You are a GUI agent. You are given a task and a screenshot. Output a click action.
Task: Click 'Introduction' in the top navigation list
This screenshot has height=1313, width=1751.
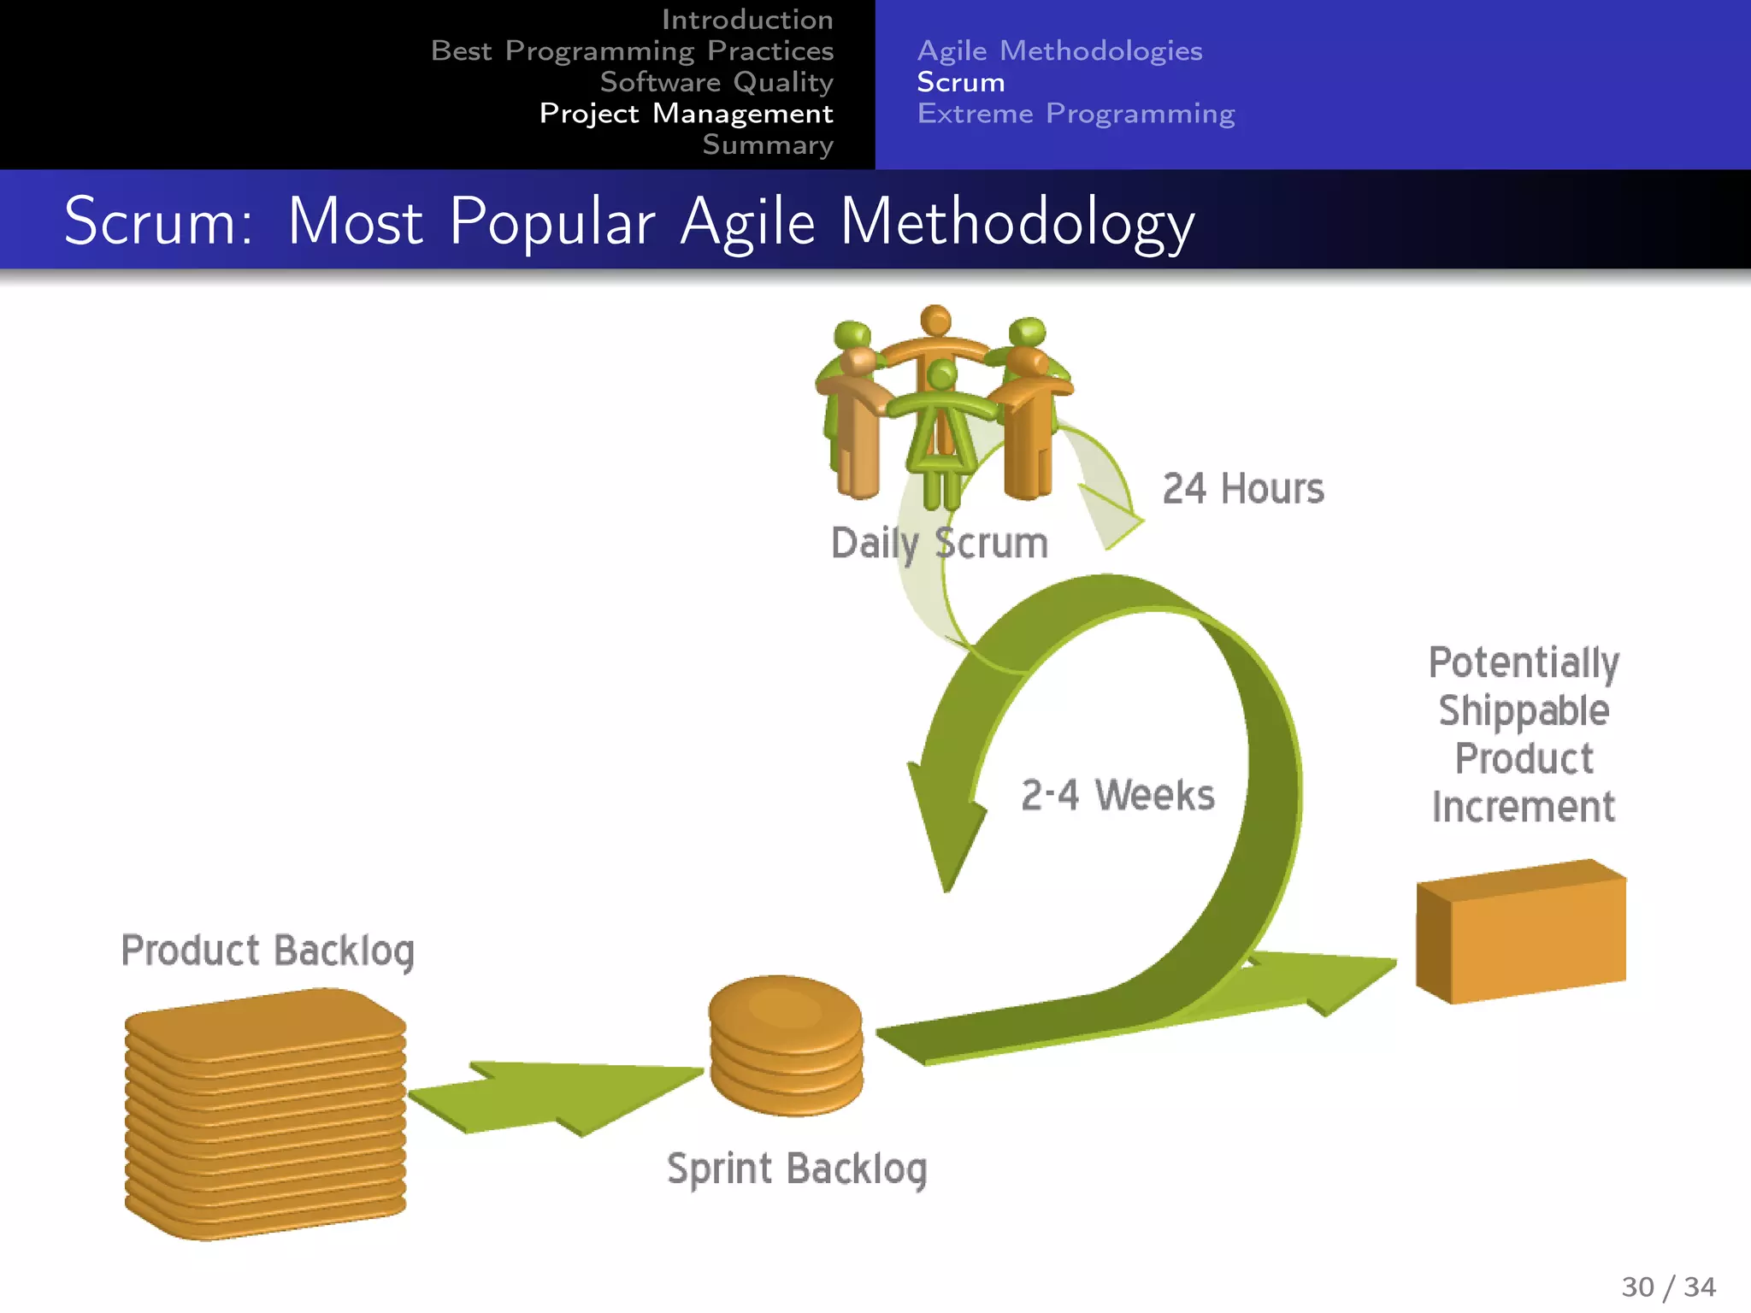click(x=746, y=20)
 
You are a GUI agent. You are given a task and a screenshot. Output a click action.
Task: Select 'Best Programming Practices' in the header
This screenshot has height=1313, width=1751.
click(x=632, y=51)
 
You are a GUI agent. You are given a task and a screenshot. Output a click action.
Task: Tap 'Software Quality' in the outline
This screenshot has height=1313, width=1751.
click(x=716, y=82)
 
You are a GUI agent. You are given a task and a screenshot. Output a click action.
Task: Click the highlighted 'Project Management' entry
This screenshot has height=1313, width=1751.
click(x=686, y=114)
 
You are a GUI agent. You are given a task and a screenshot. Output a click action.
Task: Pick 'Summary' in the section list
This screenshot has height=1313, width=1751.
click(x=767, y=144)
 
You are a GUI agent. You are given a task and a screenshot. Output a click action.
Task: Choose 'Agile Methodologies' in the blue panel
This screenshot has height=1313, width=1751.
click(x=1059, y=51)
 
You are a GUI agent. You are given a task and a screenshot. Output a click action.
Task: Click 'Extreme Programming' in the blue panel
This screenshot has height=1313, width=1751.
click(x=1076, y=114)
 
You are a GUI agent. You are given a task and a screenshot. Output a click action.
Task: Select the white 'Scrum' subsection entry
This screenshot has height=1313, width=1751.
click(x=960, y=82)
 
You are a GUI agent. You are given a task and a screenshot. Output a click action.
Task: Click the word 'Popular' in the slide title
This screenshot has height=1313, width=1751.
click(x=552, y=222)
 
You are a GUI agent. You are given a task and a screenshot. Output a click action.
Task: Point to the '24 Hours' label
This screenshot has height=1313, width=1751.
click(x=1242, y=489)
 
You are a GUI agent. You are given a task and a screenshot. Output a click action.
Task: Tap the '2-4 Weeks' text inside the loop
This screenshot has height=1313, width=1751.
click(x=1117, y=795)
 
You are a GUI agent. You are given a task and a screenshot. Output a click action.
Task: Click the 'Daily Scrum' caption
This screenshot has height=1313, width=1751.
click(x=939, y=544)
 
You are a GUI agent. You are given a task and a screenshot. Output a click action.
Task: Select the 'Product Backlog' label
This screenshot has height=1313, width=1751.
click(x=268, y=951)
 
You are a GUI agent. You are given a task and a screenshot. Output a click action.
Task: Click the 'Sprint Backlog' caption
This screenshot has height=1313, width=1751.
click(x=796, y=1169)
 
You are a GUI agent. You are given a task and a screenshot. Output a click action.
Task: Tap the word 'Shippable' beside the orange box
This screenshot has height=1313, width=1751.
click(x=1524, y=711)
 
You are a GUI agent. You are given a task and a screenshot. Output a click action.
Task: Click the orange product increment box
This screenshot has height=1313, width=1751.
click(x=1521, y=932)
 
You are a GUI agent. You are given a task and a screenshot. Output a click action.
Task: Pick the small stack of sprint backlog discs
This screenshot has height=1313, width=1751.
click(x=786, y=1045)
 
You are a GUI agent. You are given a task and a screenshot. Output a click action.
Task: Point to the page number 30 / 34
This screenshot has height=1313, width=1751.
click(x=1668, y=1287)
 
